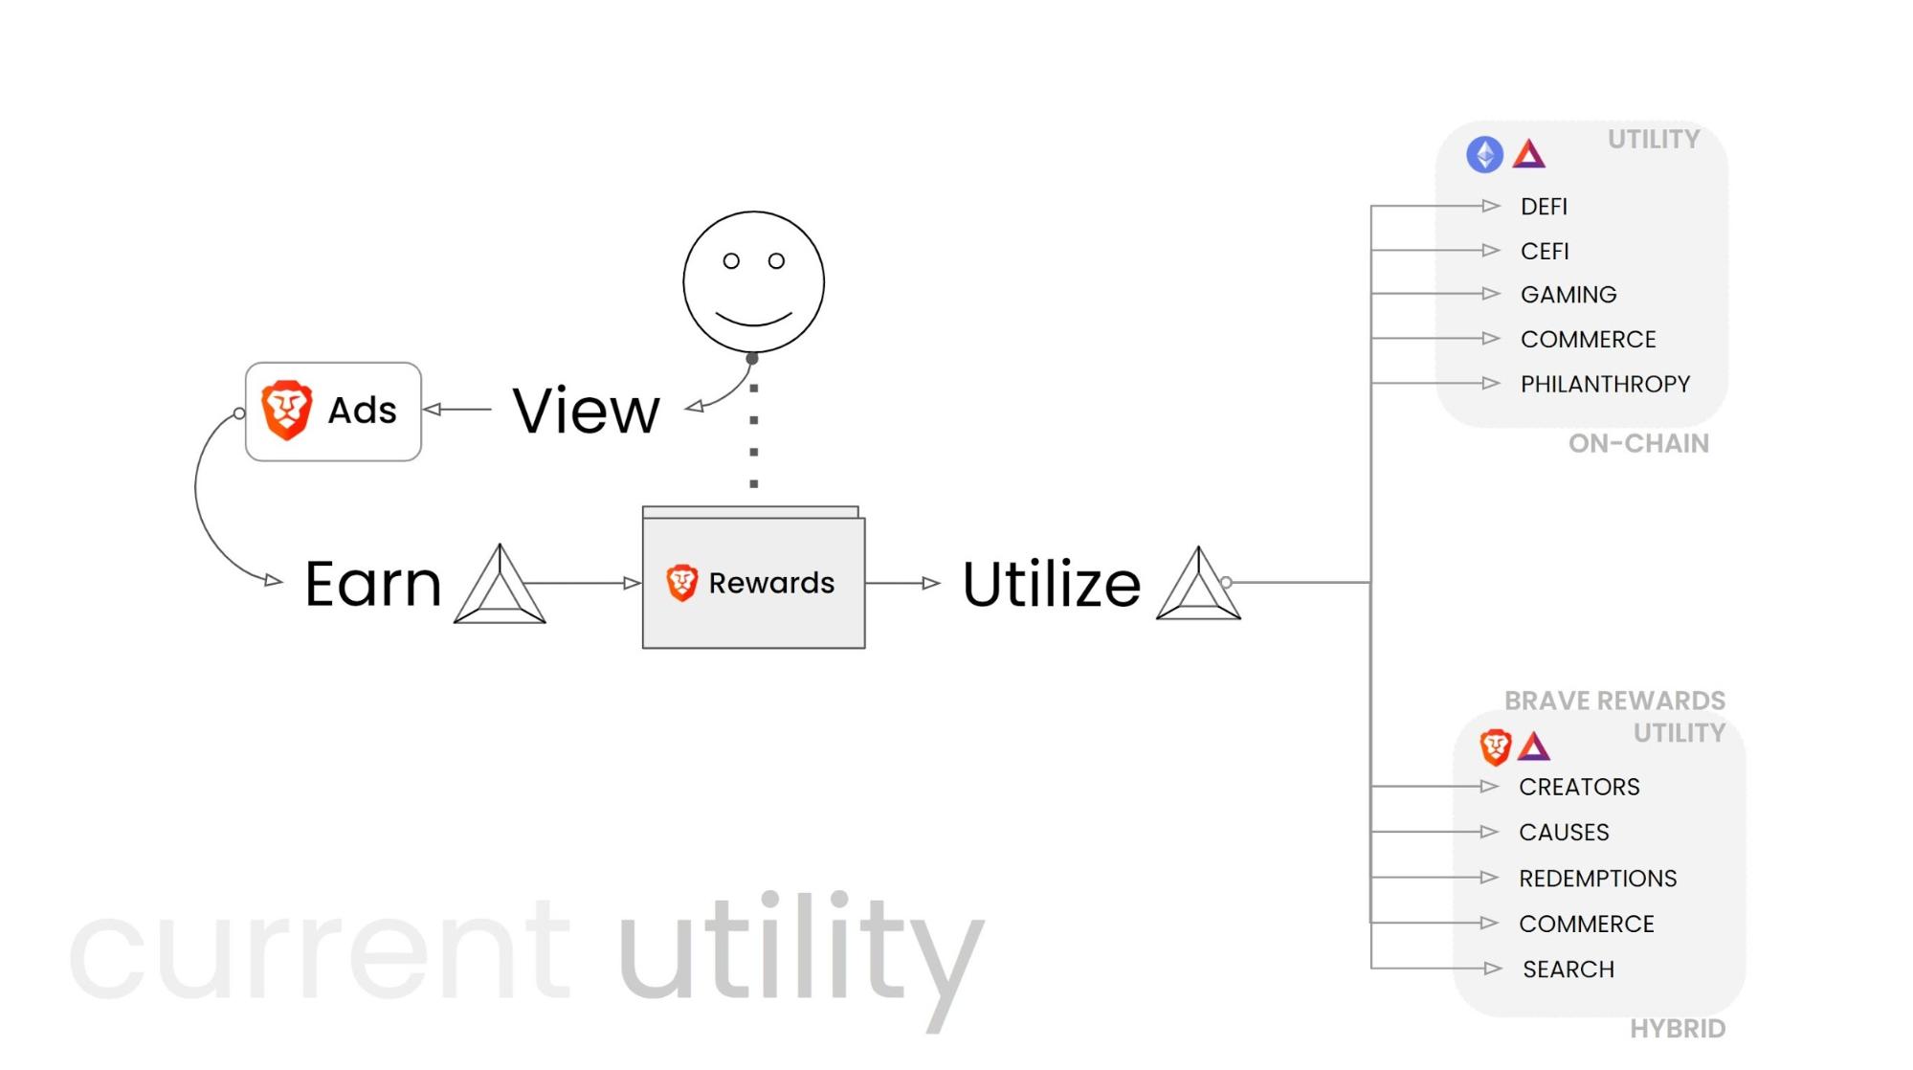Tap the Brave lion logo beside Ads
(286, 410)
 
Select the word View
(587, 411)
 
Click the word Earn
(373, 584)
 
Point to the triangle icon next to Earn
(500, 586)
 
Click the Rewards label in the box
(771, 583)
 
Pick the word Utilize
(1052, 583)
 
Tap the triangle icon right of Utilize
(1198, 585)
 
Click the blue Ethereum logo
(1484, 154)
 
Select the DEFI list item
(1544, 207)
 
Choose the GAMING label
(1568, 295)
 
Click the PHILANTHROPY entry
(1605, 384)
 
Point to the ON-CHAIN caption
(1638, 443)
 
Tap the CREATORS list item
(1579, 787)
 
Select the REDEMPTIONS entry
(1597, 878)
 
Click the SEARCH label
(1568, 970)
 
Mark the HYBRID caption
(1678, 1029)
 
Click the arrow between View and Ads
(456, 410)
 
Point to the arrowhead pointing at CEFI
(1490, 251)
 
